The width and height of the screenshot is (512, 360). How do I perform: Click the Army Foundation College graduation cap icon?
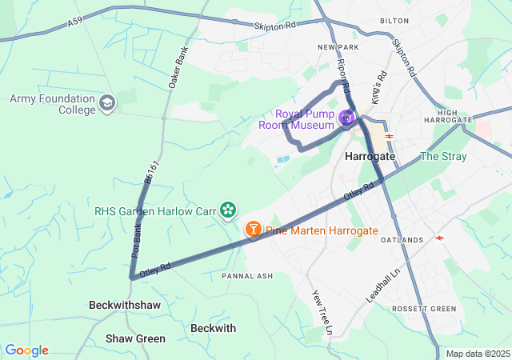click(x=107, y=103)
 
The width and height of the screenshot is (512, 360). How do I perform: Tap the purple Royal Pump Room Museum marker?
click(x=346, y=119)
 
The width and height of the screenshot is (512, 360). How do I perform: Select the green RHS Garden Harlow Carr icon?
click(x=229, y=210)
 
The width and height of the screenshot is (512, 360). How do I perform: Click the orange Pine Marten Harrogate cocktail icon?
click(x=253, y=230)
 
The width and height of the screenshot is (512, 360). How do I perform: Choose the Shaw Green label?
click(x=135, y=338)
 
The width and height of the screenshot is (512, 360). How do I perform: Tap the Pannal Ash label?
click(x=247, y=276)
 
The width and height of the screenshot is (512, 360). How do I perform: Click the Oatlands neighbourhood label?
click(x=402, y=240)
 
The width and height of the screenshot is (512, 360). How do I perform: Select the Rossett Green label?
click(x=424, y=309)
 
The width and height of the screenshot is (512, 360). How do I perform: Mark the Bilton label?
click(x=394, y=20)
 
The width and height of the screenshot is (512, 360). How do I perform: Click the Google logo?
click(x=26, y=350)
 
